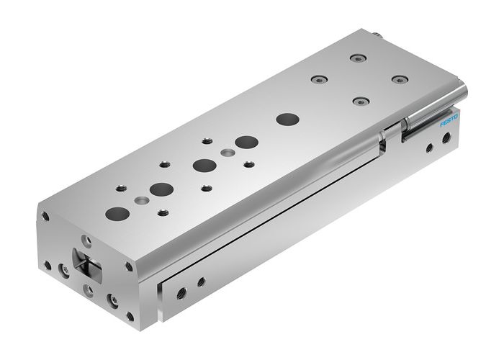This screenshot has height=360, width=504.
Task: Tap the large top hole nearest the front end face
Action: click(x=117, y=213)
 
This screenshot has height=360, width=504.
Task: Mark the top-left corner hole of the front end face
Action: click(x=45, y=215)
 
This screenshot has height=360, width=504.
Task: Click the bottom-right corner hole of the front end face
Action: click(x=130, y=315)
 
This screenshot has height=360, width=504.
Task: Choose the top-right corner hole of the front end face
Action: click(x=129, y=266)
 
